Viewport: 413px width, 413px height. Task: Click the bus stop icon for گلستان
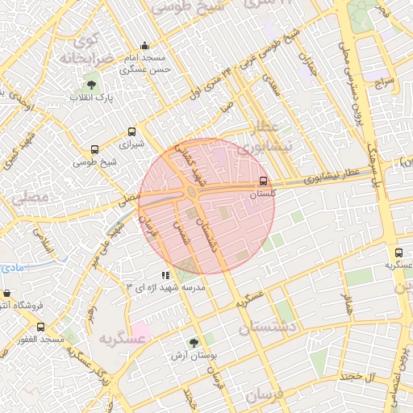[264, 181]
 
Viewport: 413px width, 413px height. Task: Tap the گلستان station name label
[263, 194]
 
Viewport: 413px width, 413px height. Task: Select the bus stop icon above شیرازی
[131, 133]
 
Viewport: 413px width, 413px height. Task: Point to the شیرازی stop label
[131, 146]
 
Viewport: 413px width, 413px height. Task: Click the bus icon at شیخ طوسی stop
[95, 150]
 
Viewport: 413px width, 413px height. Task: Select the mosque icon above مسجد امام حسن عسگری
[144, 46]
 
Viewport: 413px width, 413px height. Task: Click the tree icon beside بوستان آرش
[193, 342]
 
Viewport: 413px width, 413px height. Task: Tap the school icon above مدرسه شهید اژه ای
[165, 275]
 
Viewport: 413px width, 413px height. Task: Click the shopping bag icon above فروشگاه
[7, 294]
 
